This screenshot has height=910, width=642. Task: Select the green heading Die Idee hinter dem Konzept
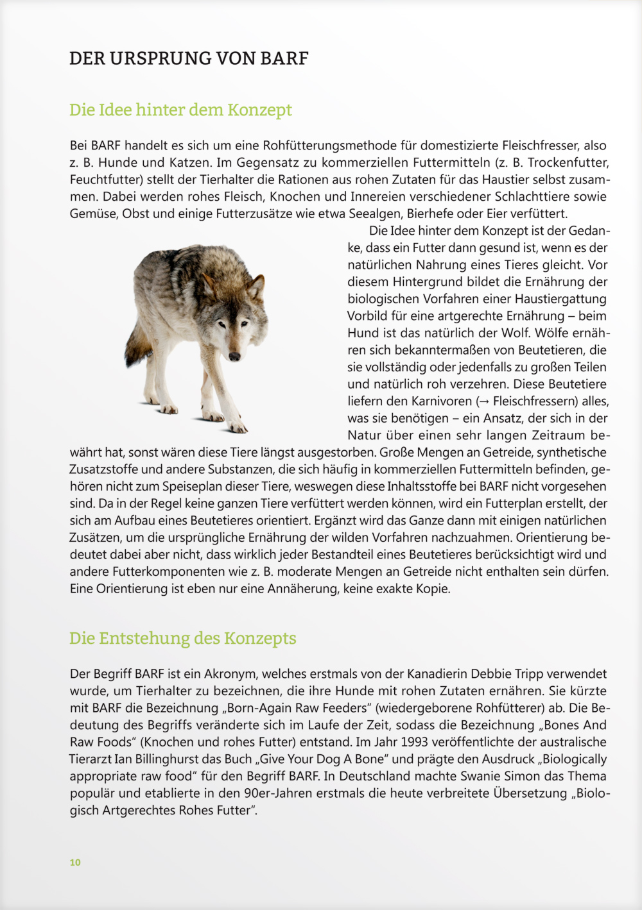pyautogui.click(x=180, y=110)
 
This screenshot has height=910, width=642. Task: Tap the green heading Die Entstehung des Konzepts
pyautogui.click(x=182, y=639)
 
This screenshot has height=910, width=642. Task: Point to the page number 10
pyautogui.click(x=75, y=863)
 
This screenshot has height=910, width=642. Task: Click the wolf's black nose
pyautogui.click(x=234, y=356)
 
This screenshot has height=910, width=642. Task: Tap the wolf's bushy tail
pyautogui.click(x=136, y=346)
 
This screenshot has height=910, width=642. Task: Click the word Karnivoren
pyautogui.click(x=442, y=401)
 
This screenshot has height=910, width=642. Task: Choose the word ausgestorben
pyautogui.click(x=338, y=453)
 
